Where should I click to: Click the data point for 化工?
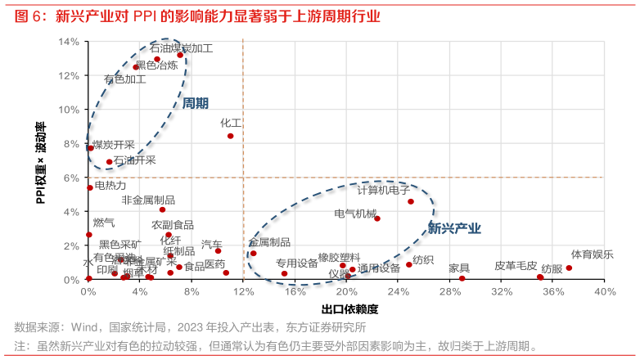click(x=230, y=136)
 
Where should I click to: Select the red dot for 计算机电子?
click(x=411, y=201)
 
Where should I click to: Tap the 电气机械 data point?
click(x=377, y=218)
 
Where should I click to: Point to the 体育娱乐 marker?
click(x=569, y=268)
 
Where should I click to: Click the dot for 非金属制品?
click(x=162, y=209)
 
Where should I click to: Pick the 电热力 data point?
click(x=90, y=187)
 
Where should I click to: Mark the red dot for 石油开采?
click(x=109, y=162)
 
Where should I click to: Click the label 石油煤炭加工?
click(x=182, y=48)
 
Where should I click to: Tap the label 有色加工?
click(x=125, y=79)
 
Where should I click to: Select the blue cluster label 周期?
click(x=195, y=103)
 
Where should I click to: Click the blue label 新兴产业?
click(x=454, y=229)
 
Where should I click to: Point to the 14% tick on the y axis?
click(x=69, y=42)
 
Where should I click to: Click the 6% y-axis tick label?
click(x=71, y=178)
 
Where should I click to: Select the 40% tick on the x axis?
click(x=605, y=292)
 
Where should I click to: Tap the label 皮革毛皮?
click(x=516, y=266)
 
